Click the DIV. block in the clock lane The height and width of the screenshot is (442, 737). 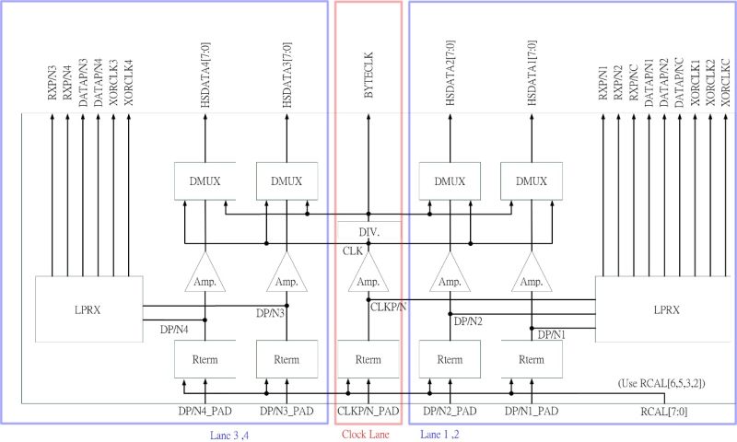(368, 230)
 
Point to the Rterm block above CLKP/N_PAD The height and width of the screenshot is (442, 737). (368, 359)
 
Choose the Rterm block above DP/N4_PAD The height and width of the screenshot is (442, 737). (205, 359)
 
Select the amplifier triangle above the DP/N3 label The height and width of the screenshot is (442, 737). (287, 275)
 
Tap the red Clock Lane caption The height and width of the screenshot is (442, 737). (368, 433)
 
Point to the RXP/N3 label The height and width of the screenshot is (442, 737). (53, 81)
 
